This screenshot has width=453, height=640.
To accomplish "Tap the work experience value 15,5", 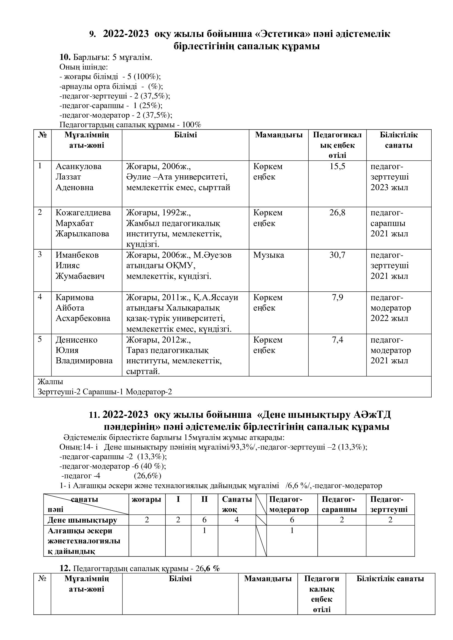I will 337,167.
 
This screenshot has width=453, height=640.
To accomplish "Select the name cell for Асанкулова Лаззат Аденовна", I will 78,177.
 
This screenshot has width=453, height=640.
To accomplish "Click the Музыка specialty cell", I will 268,255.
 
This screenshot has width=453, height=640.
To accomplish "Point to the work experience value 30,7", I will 337,255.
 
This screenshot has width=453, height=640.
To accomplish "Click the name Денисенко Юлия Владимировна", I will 84,351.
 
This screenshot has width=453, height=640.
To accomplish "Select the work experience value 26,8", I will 337,213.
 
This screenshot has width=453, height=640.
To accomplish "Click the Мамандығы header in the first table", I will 279,135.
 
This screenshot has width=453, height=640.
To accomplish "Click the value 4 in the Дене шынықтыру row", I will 237,520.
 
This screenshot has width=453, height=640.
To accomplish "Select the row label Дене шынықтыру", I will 82,520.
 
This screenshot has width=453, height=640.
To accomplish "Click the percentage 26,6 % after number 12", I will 208,568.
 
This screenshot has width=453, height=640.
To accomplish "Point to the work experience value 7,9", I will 337,298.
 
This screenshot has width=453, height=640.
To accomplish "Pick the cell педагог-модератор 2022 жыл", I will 390,308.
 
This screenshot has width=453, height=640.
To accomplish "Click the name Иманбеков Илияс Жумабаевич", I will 80,266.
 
